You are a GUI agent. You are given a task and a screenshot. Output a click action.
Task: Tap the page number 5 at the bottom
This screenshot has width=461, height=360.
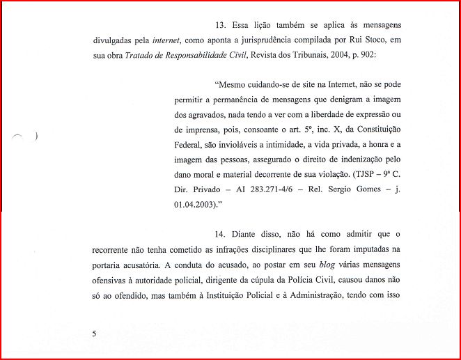pos(94,334)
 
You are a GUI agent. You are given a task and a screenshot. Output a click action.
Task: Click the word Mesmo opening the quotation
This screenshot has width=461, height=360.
pos(233,85)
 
